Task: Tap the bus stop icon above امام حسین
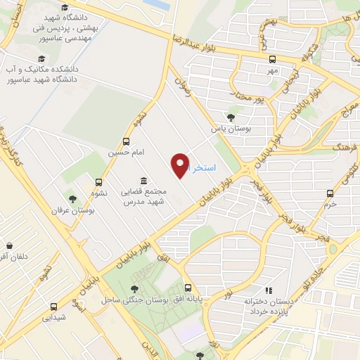coord(127,141)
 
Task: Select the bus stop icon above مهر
coord(272,59)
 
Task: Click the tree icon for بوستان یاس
coord(231,117)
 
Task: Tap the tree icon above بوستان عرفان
coord(72,199)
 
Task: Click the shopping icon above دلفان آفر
coord(10,246)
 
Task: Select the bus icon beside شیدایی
coord(54,307)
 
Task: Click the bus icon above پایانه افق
coord(188,288)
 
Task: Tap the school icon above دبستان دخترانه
coord(267,290)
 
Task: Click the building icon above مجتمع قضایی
coord(143,180)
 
